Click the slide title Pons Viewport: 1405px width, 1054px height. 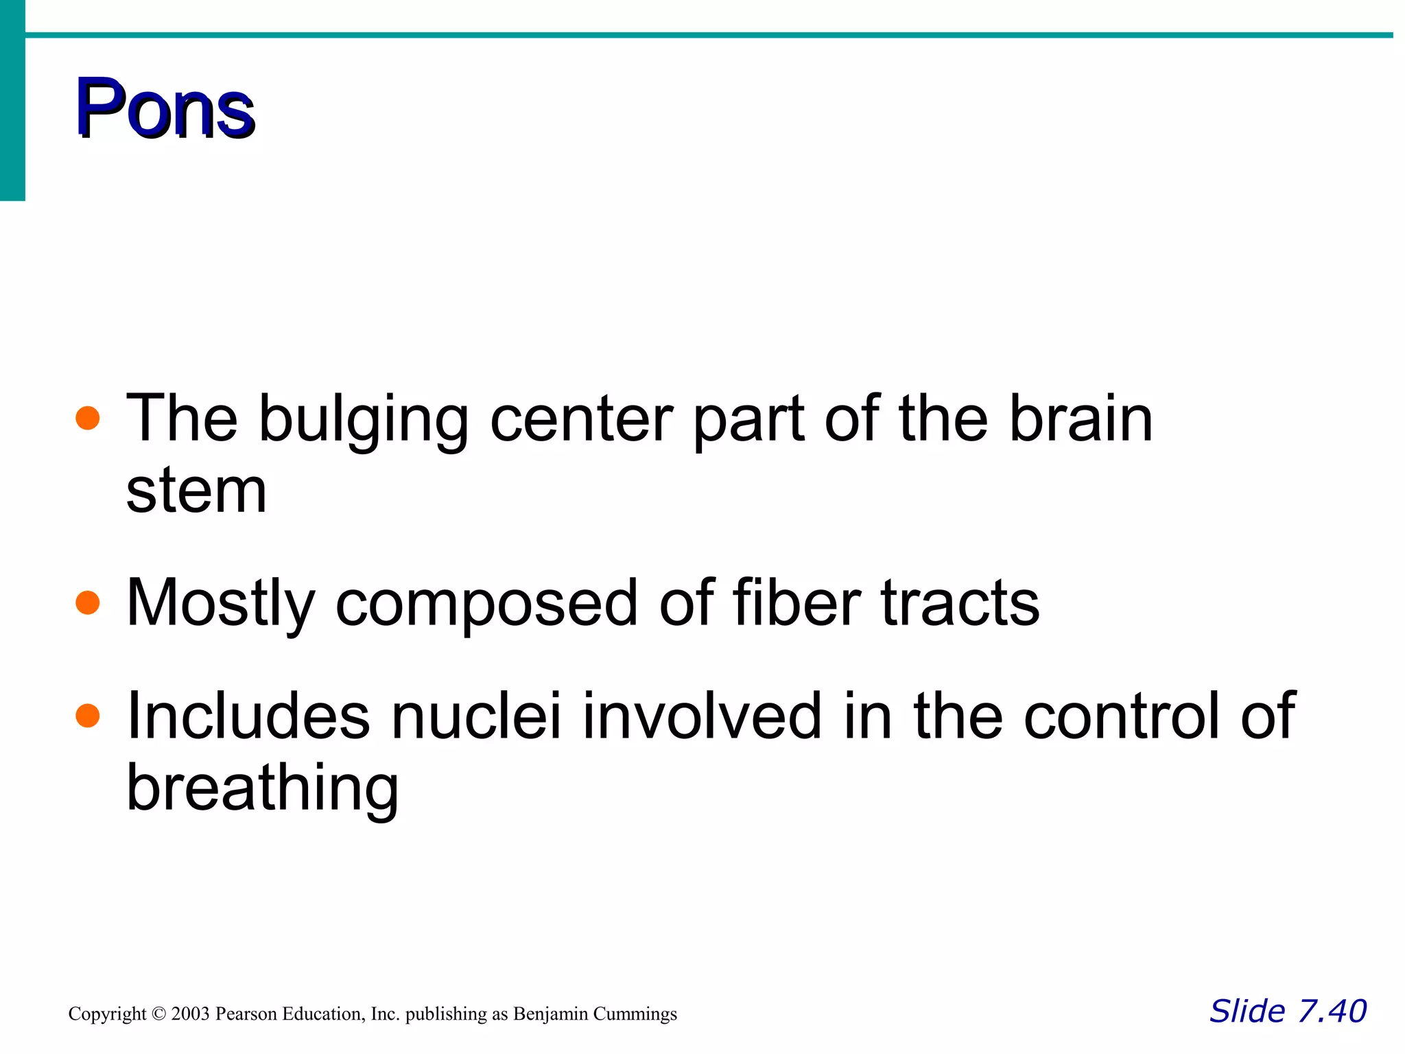coord(165,108)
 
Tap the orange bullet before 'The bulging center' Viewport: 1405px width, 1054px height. coord(88,418)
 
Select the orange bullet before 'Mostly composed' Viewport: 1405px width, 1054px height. coord(88,602)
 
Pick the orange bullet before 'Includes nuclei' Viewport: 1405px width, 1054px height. coord(88,716)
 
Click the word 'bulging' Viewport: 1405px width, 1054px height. coord(363,420)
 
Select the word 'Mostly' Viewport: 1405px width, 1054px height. coord(220,604)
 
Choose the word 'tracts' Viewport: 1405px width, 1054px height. coord(960,604)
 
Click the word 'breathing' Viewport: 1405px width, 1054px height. coord(262,789)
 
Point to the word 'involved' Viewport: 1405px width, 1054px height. coord(702,716)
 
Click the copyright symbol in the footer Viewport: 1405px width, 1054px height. coord(158,1014)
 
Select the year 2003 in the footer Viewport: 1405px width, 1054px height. coord(190,1014)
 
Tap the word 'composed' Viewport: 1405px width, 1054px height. coord(486,604)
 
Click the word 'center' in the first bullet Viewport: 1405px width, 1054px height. coord(582,419)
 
